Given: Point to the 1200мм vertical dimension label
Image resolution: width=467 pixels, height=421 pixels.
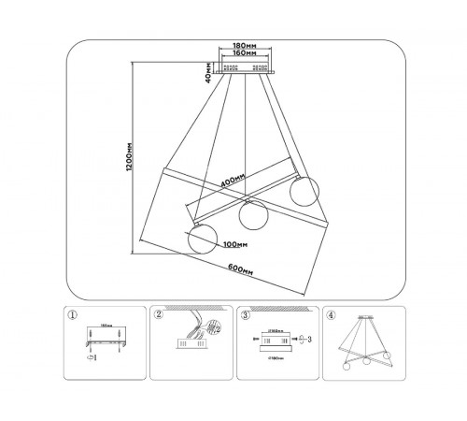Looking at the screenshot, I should (x=128, y=158).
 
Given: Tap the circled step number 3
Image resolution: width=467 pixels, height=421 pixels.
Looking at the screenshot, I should (x=245, y=315).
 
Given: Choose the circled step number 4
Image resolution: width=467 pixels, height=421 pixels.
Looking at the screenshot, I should (x=331, y=315).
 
